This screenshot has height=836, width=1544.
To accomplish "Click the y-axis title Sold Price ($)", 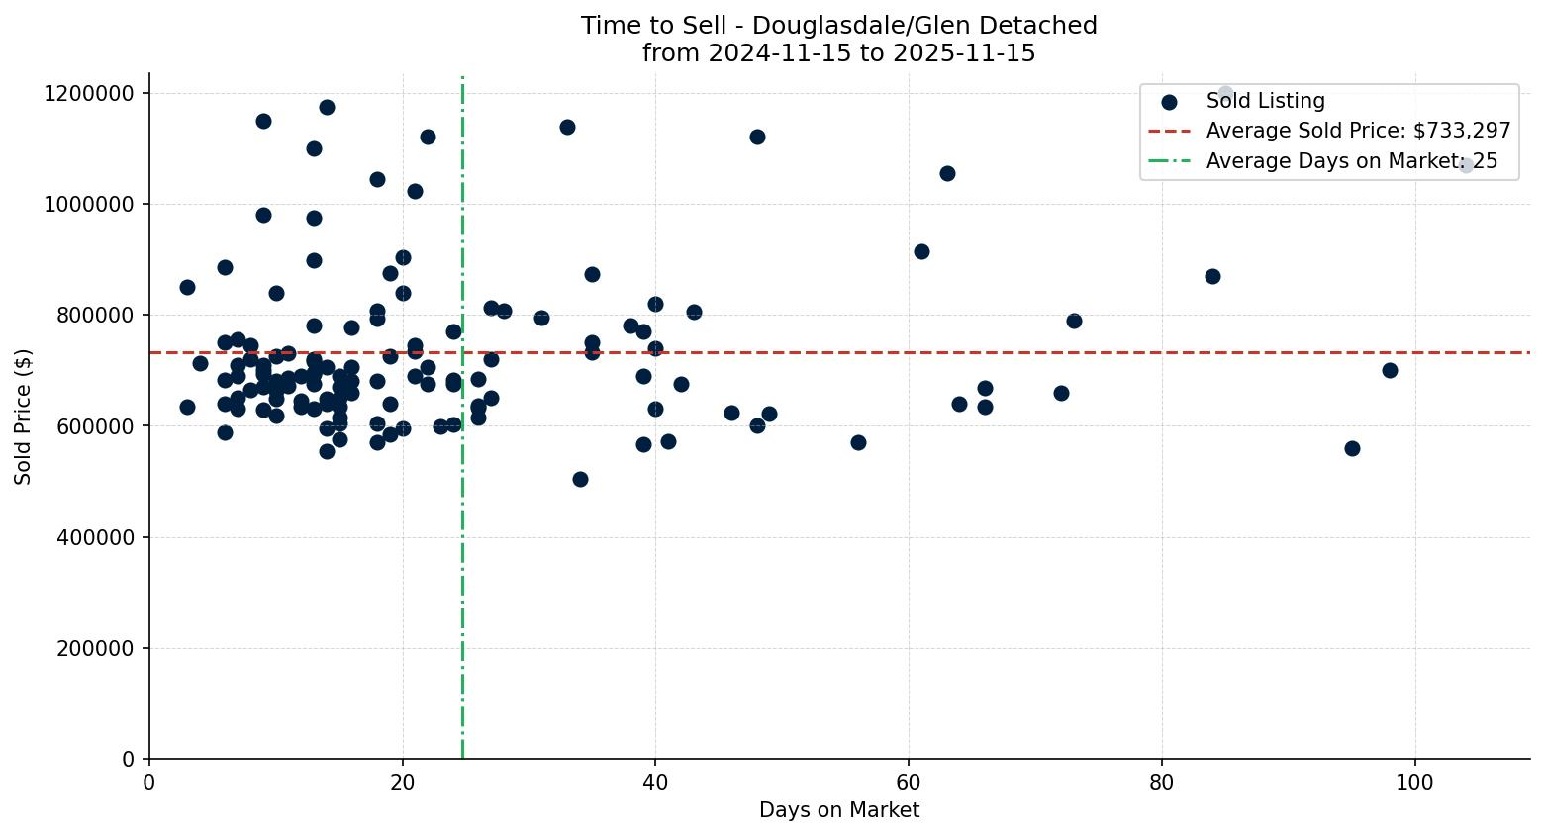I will [x=23, y=417].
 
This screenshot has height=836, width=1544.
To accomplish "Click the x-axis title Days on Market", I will [x=838, y=810].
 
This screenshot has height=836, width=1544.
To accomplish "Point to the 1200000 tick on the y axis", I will [x=89, y=93].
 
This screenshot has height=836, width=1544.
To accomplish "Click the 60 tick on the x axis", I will [x=909, y=782].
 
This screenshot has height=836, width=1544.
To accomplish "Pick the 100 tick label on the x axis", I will [x=1414, y=782].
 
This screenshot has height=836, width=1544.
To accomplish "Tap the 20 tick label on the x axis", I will [x=402, y=782].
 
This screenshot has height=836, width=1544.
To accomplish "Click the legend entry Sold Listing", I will [x=1265, y=101].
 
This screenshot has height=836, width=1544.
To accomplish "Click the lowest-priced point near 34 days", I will [x=580, y=479].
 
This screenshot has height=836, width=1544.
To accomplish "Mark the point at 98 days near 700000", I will [x=1390, y=370].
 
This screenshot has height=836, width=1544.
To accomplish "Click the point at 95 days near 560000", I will [x=1352, y=448].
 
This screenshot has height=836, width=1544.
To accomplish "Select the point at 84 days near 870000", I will [x=1212, y=276].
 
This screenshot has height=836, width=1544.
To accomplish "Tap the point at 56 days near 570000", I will [x=858, y=442].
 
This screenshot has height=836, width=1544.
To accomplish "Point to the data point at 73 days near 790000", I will [x=1074, y=321].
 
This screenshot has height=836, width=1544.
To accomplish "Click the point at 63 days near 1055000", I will [x=947, y=173].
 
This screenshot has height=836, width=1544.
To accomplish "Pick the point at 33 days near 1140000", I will [x=567, y=127].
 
